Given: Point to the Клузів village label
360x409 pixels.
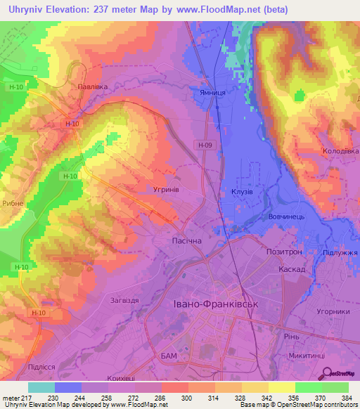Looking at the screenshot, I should pos(242,191).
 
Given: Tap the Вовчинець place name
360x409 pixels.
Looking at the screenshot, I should pos(286,217).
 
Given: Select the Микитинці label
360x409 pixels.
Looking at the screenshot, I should pos(308,358).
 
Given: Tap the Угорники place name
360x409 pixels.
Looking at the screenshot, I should pos(333,311).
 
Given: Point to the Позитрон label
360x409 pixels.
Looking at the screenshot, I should pos(284,251).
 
